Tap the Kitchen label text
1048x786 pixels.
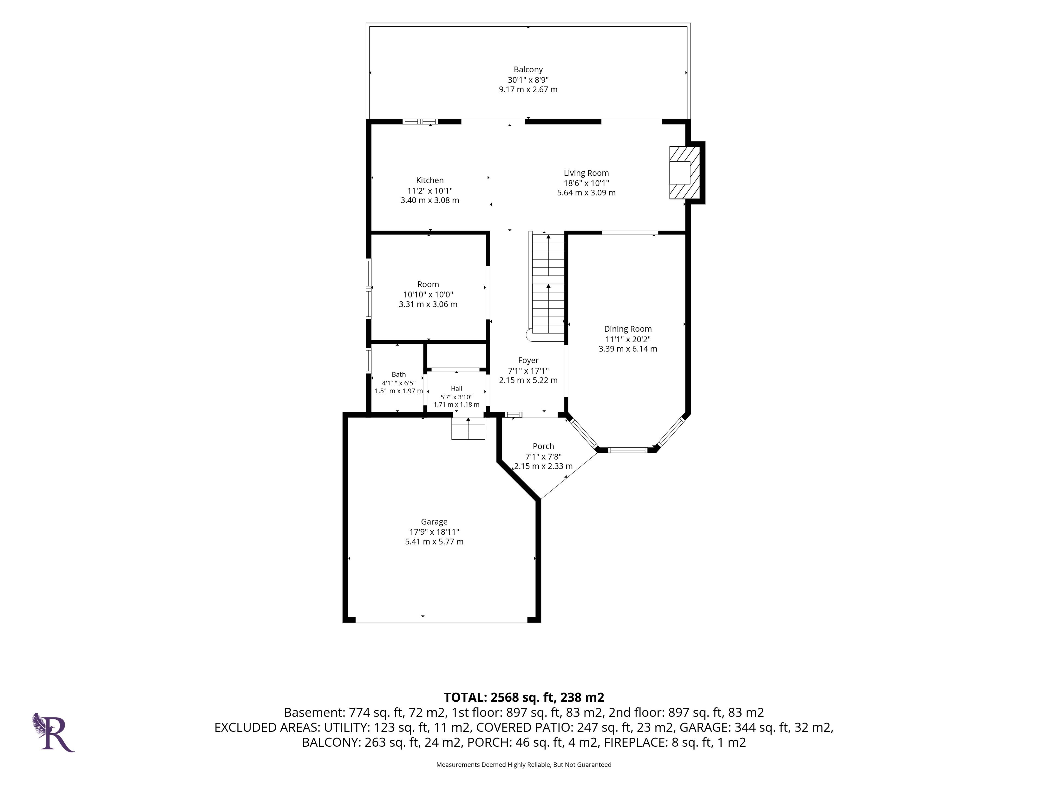click(430, 180)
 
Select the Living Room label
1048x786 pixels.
click(586, 173)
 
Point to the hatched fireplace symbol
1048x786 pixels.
click(684, 172)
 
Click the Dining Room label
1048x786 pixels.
click(628, 329)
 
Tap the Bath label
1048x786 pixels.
click(398, 374)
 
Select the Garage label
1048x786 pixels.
click(434, 522)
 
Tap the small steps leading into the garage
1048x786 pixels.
click(468, 428)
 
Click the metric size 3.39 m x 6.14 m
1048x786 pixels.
click(628, 349)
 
